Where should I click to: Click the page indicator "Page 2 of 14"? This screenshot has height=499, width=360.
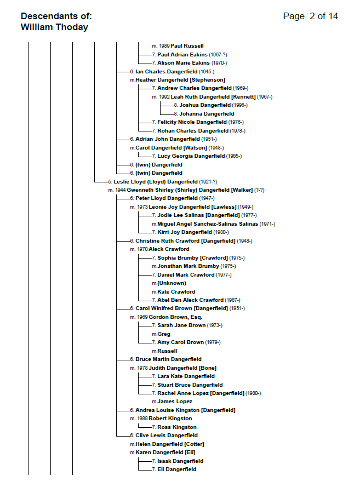click(310, 16)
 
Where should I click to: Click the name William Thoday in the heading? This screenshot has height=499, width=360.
click(54, 27)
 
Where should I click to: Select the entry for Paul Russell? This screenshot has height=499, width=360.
click(187, 46)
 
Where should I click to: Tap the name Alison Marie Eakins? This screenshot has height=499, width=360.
click(184, 63)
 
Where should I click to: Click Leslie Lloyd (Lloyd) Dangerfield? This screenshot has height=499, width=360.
click(156, 182)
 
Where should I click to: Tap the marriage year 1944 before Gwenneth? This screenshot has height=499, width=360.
click(120, 190)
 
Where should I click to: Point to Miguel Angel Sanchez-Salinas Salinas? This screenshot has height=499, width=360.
click(207, 224)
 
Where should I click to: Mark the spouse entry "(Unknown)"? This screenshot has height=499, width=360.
click(172, 283)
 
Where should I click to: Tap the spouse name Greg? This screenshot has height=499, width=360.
click(164, 334)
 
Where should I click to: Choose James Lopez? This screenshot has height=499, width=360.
click(175, 402)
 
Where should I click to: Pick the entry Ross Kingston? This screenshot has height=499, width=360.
click(177, 427)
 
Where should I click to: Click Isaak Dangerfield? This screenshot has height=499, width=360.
click(180, 461)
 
